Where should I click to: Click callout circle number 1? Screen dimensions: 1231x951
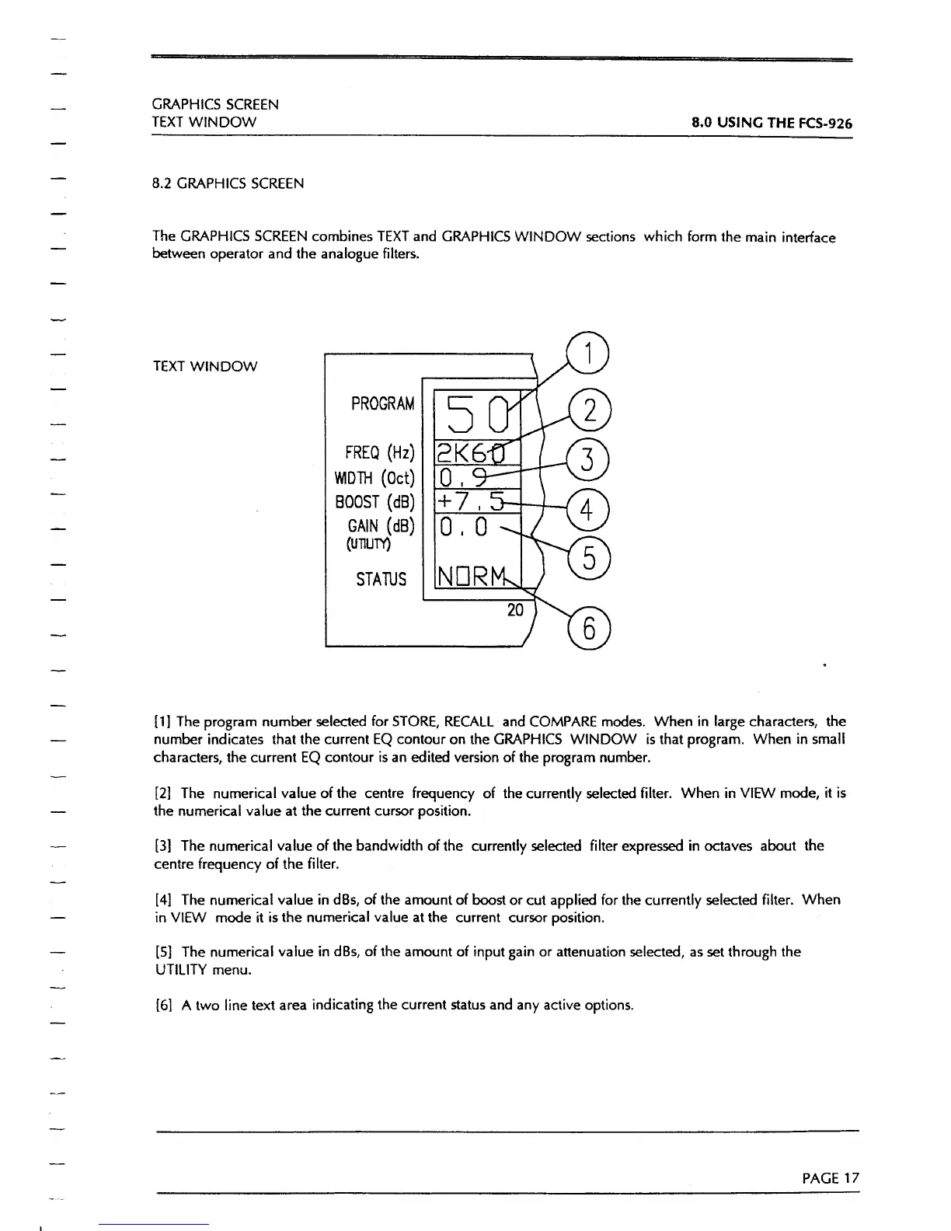click(x=590, y=354)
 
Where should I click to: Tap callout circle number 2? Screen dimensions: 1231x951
click(x=590, y=410)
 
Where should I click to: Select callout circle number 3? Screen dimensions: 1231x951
click(x=590, y=459)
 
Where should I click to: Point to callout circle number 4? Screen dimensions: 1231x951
click(x=590, y=510)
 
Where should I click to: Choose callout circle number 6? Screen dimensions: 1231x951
click(x=590, y=629)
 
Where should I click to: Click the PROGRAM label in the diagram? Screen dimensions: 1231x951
click(x=382, y=404)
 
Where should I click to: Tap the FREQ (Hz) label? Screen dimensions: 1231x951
click(x=380, y=453)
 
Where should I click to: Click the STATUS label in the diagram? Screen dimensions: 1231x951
click(x=381, y=579)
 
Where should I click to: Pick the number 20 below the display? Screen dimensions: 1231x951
click(x=515, y=610)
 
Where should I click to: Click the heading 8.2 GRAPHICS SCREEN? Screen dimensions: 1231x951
click(x=228, y=184)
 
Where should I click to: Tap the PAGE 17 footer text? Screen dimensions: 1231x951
click(x=831, y=1178)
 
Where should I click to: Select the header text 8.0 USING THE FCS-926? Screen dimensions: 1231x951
click(x=772, y=123)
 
